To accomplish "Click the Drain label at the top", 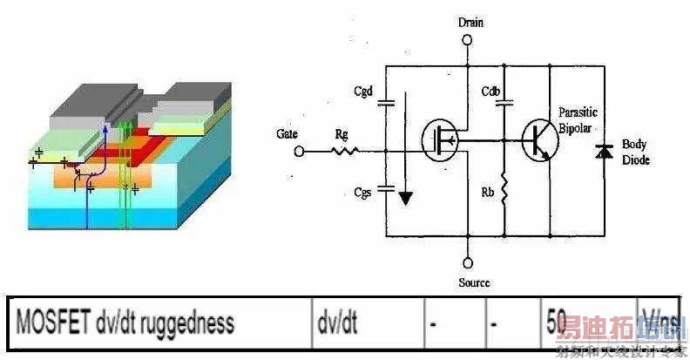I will click(469, 22).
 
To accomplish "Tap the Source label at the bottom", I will click(473, 282).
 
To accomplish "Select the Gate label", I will click(287, 134).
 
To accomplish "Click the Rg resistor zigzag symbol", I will click(344, 151).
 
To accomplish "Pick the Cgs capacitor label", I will click(364, 193).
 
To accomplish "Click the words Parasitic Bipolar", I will click(579, 120).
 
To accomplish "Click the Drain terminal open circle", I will click(469, 39).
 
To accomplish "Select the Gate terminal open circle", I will click(299, 151).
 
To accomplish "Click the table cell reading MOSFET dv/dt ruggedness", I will click(124, 323).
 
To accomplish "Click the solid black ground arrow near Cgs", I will click(403, 198).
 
